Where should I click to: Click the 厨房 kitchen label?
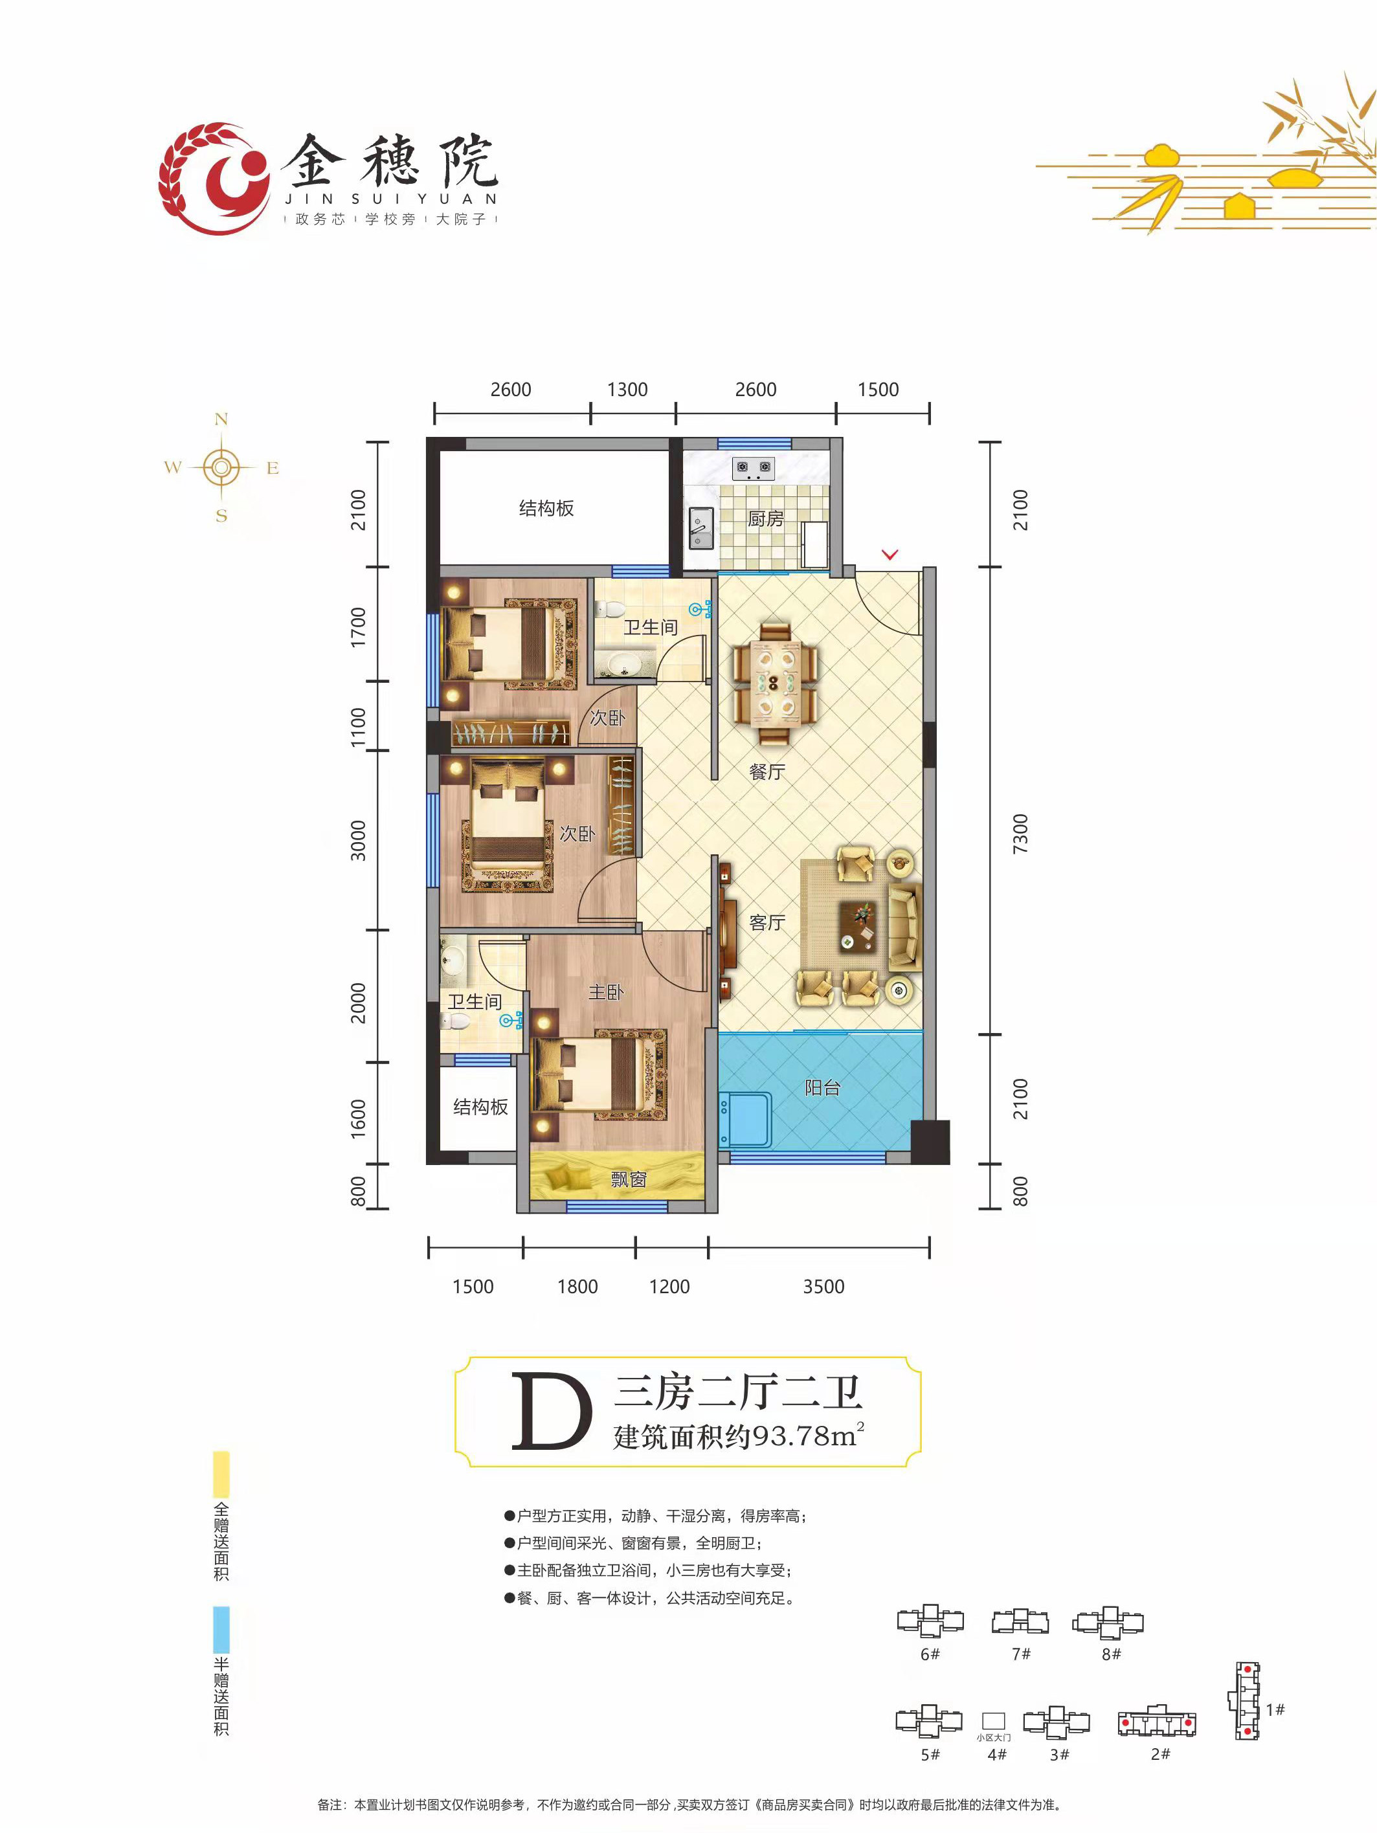[765, 518]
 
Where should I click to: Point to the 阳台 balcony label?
[822, 1087]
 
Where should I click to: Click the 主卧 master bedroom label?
[605, 992]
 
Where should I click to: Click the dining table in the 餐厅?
[774, 683]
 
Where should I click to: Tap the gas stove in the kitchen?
[753, 469]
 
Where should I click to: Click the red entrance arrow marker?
[890, 555]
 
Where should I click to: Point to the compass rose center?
[221, 468]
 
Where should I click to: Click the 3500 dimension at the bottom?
[823, 1286]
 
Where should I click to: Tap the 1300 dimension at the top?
[627, 390]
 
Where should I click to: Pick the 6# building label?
[930, 1654]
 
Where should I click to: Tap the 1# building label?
[1275, 1709]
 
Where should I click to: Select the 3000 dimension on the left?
[357, 840]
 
